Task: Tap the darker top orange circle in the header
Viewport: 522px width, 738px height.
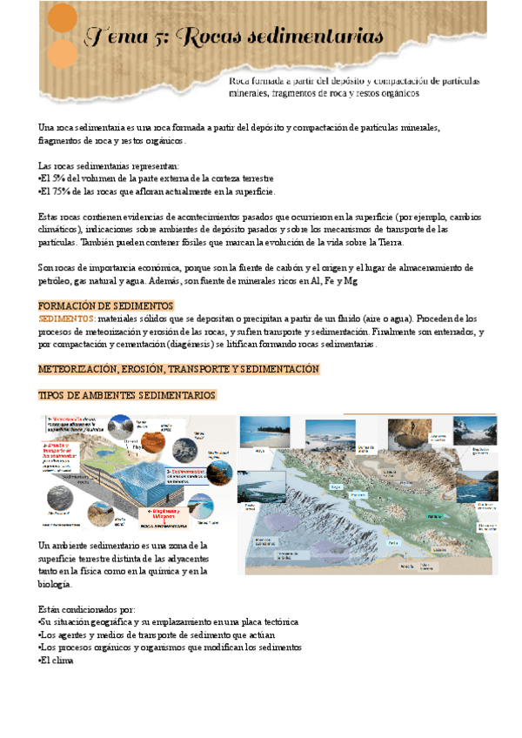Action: point(61,19)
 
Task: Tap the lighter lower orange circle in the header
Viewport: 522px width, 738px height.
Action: point(61,54)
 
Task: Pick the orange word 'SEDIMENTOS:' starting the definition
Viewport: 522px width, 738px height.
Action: point(68,319)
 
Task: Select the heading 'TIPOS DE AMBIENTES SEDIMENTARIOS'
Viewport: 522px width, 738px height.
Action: point(127,395)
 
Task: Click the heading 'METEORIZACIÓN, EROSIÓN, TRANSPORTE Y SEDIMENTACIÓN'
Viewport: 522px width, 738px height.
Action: point(178,369)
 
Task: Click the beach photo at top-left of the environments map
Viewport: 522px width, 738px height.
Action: point(266,432)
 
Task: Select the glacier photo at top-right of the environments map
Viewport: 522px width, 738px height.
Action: point(473,433)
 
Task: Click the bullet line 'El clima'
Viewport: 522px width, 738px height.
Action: point(57,661)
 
